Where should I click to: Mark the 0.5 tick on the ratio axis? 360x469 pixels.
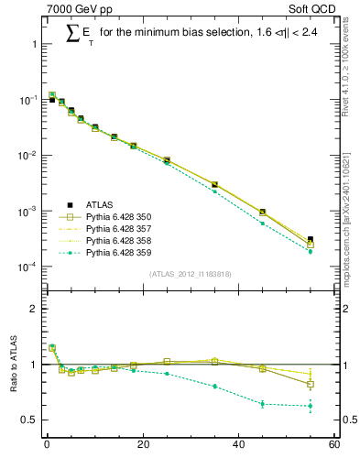point(28,420)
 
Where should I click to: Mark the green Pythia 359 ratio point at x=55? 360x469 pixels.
point(311,406)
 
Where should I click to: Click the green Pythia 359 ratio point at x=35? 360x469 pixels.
point(214,387)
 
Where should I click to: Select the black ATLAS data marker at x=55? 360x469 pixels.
point(311,240)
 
